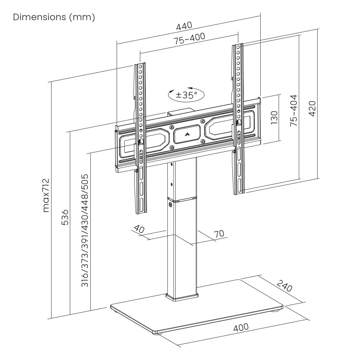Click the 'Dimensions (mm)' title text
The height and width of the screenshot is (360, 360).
pyautogui.click(x=54, y=17)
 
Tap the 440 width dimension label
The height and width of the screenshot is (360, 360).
pyautogui.click(x=184, y=26)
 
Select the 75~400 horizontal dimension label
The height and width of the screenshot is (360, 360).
pyautogui.click(x=189, y=39)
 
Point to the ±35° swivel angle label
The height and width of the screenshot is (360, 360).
pyautogui.click(x=186, y=95)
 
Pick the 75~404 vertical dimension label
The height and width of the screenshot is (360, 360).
pyautogui.click(x=294, y=110)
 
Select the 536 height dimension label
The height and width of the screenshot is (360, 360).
pyautogui.click(x=65, y=217)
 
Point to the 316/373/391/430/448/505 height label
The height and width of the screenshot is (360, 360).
pyautogui.click(x=85, y=230)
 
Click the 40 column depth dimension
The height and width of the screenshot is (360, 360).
pyautogui.click(x=139, y=229)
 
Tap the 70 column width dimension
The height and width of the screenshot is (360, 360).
pyautogui.click(x=219, y=234)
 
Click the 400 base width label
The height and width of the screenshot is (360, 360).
pyautogui.click(x=241, y=327)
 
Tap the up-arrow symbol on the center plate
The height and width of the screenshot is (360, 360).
pyautogui.click(x=186, y=135)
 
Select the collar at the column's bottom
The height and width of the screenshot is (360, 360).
pyautogui.click(x=182, y=297)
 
